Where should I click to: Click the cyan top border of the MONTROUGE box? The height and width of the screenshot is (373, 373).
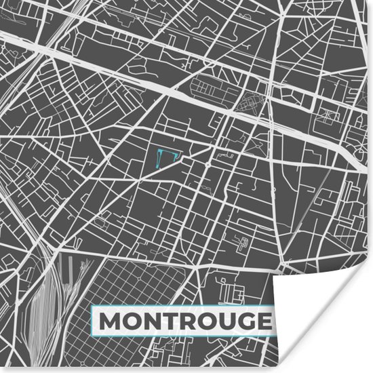coord(182,307)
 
